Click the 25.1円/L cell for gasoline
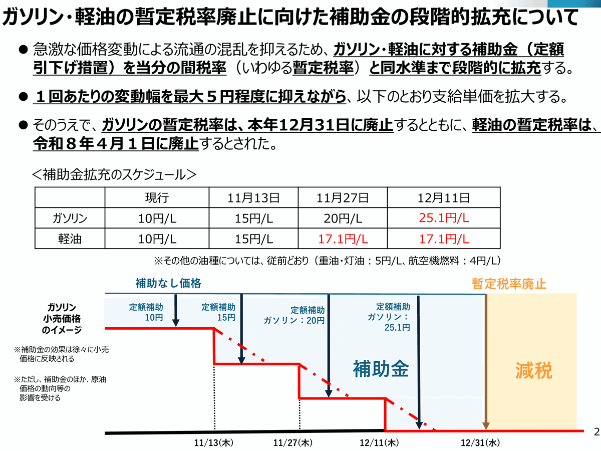444,218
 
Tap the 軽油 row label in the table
70,239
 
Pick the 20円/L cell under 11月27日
343,218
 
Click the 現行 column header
156,197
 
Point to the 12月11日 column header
444,197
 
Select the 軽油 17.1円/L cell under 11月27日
343,239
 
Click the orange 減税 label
533,371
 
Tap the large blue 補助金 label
381,369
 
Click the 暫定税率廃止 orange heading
509,284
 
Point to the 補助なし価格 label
168,284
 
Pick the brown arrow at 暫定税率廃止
485,361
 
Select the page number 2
595,431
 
